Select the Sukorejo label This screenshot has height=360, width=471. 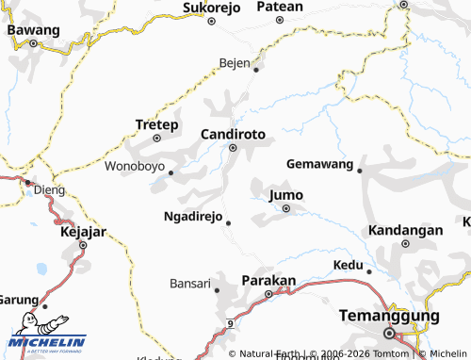212,8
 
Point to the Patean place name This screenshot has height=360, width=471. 280,7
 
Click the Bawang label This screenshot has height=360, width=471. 32,29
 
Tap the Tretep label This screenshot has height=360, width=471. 156,124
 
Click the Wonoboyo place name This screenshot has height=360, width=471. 135,168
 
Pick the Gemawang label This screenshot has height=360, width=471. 320,164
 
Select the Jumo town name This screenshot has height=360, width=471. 286,195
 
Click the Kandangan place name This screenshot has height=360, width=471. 405,230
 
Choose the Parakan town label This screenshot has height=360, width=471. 269,281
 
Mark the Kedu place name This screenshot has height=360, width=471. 349,265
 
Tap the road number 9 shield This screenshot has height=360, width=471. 229,324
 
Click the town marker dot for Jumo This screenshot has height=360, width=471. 285,208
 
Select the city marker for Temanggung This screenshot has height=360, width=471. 389,333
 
